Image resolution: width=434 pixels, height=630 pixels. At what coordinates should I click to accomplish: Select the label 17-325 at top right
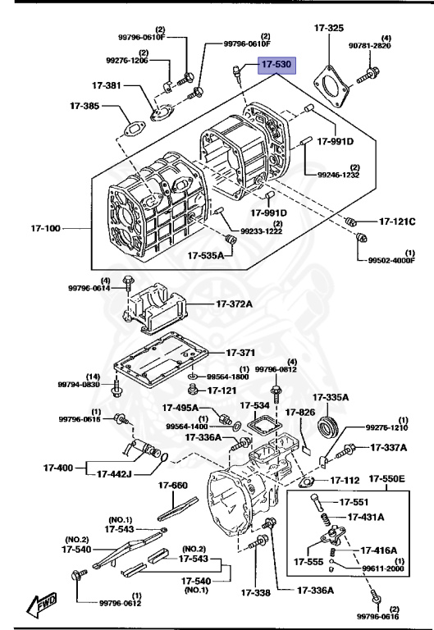329,28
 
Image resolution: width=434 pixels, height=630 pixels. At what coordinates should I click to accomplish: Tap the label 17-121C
397,221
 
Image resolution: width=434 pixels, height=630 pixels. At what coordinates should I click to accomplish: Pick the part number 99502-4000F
392,261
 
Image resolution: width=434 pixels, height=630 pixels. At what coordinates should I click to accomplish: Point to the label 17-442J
119,473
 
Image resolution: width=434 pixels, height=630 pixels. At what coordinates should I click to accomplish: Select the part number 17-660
173,485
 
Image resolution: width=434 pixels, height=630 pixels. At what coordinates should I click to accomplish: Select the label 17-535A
205,255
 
